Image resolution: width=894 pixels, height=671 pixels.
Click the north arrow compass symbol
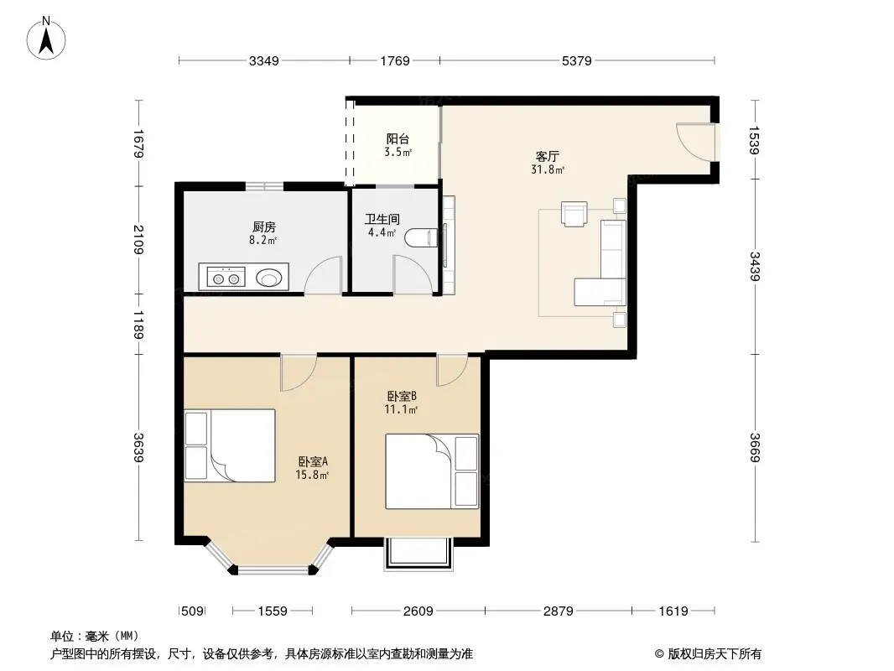[x=45, y=39]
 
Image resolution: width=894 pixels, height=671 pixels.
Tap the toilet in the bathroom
[x=422, y=237]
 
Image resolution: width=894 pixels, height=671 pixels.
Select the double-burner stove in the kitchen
[x=222, y=278]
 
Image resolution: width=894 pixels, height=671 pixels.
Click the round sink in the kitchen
[x=268, y=278]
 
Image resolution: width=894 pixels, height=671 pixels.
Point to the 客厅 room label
[x=548, y=156]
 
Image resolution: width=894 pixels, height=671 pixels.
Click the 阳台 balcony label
[x=398, y=139]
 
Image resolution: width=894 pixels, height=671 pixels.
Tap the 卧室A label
[x=313, y=461]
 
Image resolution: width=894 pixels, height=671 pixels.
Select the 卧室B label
[x=402, y=396]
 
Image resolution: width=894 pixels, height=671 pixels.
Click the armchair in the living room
[x=574, y=215]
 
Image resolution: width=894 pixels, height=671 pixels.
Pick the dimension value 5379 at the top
[x=576, y=60]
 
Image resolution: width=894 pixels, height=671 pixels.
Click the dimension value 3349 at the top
[x=264, y=60]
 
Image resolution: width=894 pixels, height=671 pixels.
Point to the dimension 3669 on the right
[x=754, y=448]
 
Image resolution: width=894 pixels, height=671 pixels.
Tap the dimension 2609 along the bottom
[x=418, y=611]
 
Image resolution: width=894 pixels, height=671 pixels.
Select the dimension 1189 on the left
[x=138, y=325]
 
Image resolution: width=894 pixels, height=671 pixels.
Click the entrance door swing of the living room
[x=694, y=143]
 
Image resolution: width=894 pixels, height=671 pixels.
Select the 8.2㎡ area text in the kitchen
[x=262, y=241]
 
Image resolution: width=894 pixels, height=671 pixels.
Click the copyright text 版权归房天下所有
[x=715, y=654]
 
